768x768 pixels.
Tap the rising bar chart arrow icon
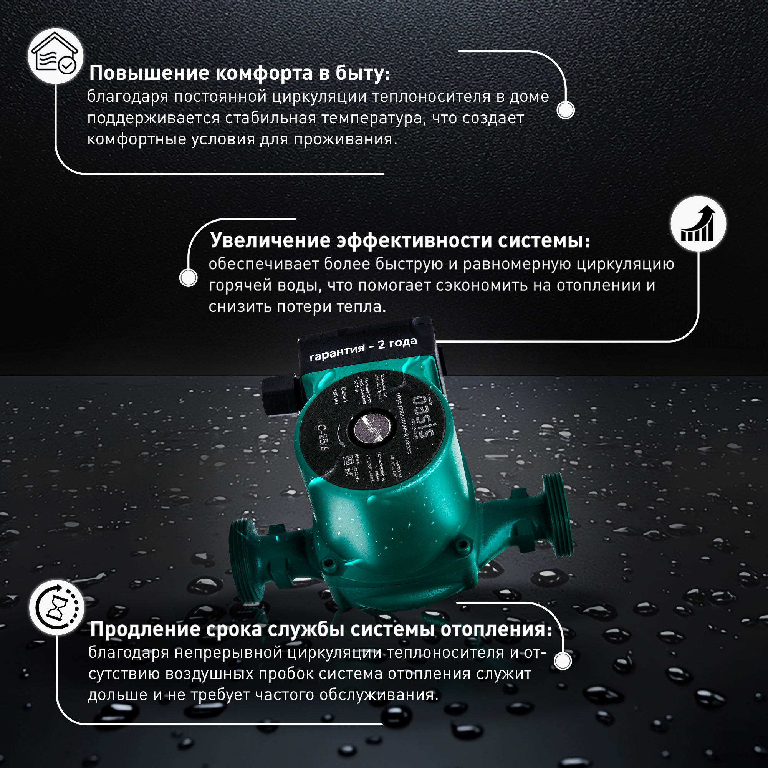pos(698,224)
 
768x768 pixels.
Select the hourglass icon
pos(56,608)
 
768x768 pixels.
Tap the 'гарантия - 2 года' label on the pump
pos(363,349)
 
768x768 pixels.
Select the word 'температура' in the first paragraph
pos(373,118)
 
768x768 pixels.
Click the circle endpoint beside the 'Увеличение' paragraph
pos(189,277)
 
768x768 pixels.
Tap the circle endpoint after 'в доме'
pos(565,110)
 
